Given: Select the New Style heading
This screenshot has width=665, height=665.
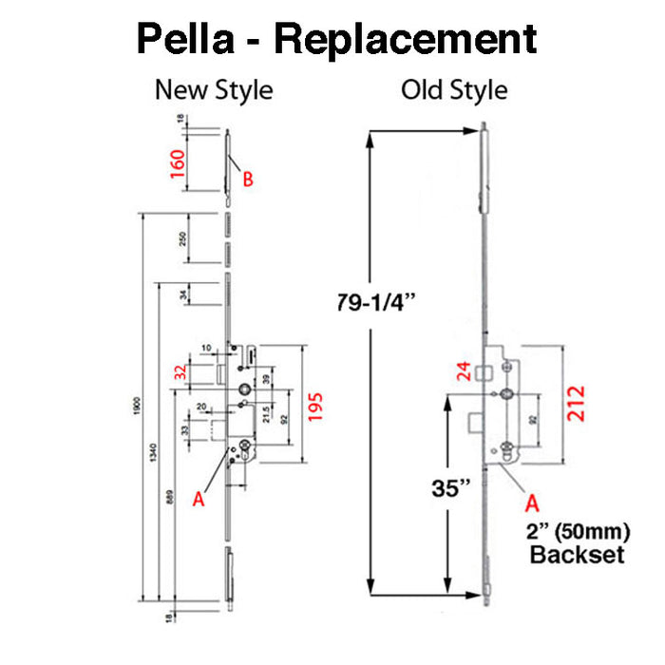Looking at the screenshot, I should pos(214,90).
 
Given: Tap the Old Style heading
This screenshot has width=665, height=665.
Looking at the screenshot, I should pos(454,90).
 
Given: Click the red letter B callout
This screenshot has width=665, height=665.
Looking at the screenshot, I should pos(248,178).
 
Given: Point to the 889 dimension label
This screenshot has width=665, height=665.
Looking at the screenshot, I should pos(170,508).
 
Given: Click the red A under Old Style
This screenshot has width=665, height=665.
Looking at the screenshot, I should pos(532,501).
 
